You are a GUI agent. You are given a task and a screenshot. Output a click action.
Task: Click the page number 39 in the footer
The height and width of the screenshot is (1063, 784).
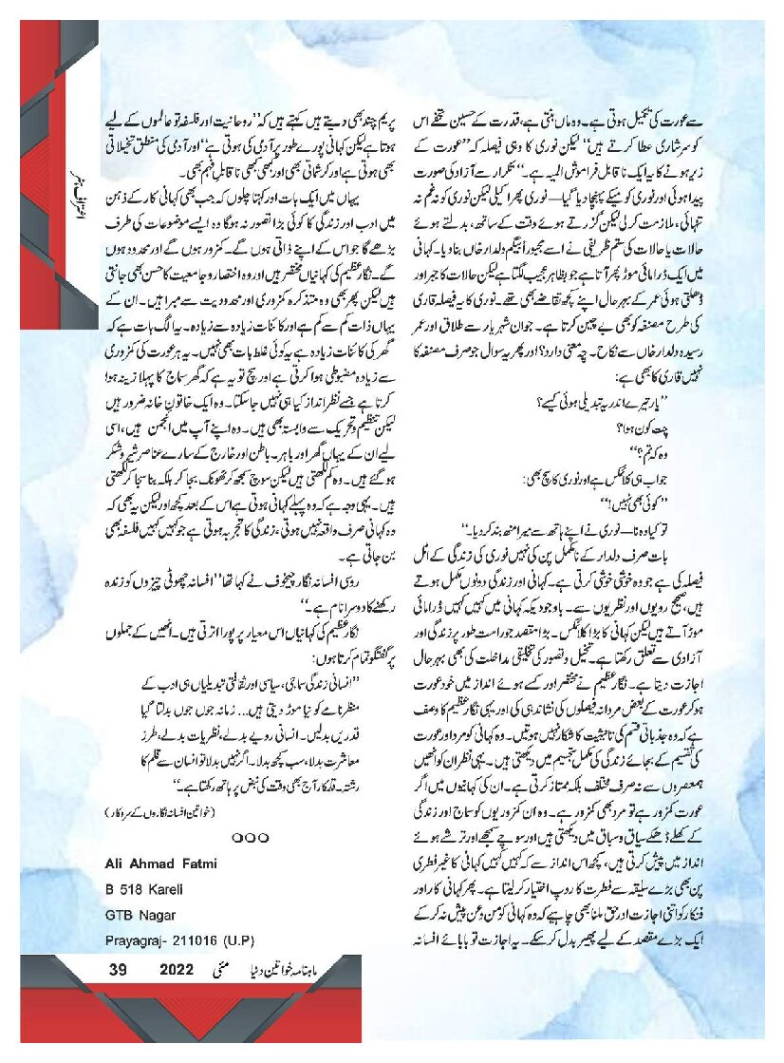pos(118,970)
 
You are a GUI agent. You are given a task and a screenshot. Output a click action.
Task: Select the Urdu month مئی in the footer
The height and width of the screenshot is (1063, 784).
pos(224,970)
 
